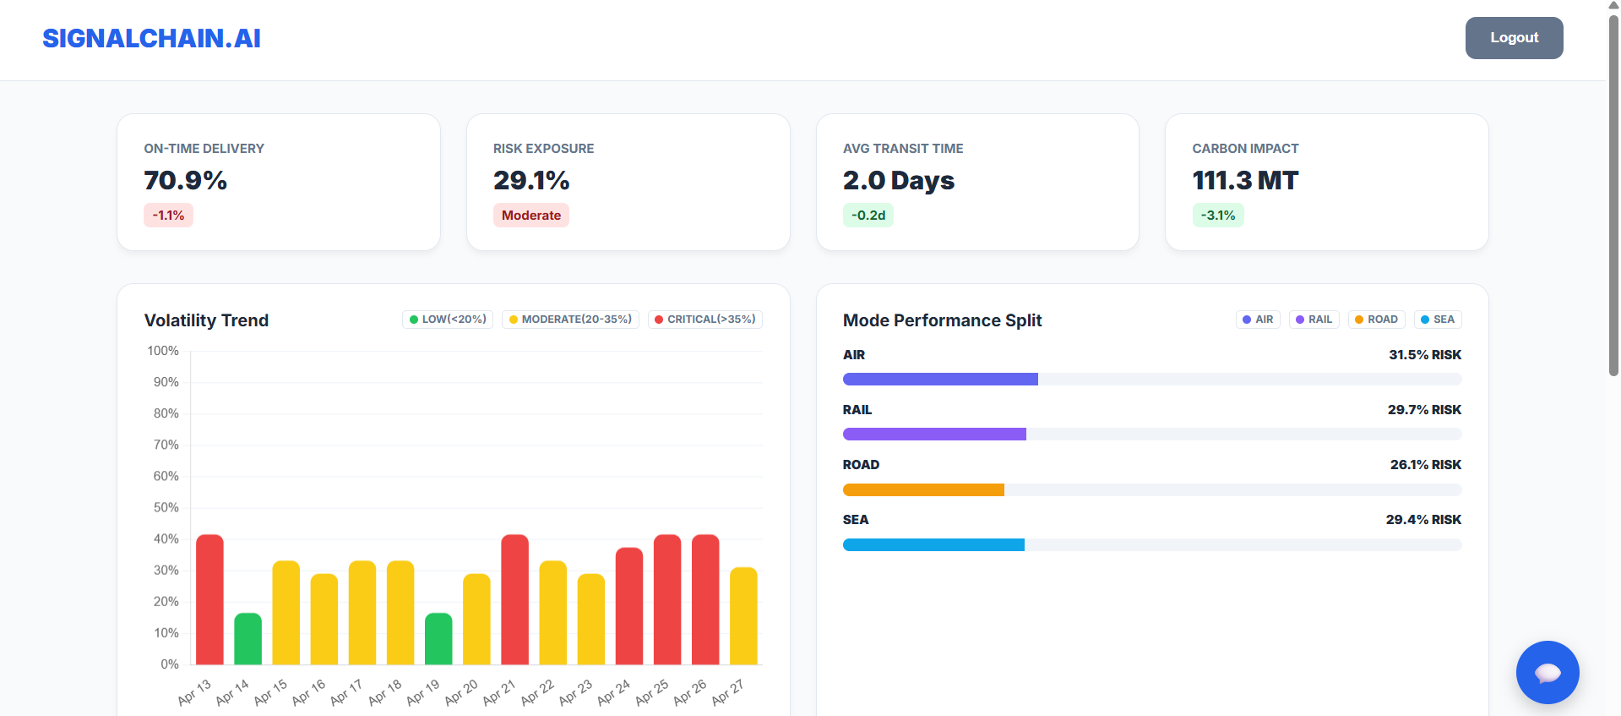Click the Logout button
tap(1514, 38)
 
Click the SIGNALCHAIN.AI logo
tap(151, 38)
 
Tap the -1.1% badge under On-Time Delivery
tap(168, 216)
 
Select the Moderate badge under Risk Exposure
tap(530, 216)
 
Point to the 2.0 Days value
tap(898, 180)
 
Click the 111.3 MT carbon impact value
tap(1244, 180)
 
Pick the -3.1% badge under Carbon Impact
tap(1217, 216)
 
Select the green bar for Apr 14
tap(248, 639)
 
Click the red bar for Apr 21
tap(514, 599)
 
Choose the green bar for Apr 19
tap(438, 639)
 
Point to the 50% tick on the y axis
tap(166, 507)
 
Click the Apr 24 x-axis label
tap(614, 692)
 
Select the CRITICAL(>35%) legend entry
tap(704, 320)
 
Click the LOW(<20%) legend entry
tap(448, 320)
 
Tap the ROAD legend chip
tap(1376, 320)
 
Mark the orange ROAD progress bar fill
tap(923, 489)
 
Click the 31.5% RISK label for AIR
tap(1424, 355)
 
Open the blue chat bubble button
tap(1547, 672)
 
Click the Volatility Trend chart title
tap(206, 320)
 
